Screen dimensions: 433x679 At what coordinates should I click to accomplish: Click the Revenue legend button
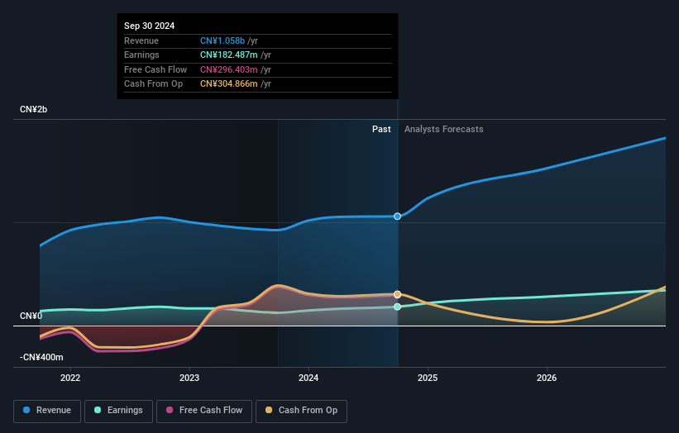pos(48,411)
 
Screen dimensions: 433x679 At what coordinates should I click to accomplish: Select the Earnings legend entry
pos(118,411)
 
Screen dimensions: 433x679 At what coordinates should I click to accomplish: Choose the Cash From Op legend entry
pos(302,411)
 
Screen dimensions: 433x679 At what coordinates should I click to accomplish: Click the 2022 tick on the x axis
pos(70,378)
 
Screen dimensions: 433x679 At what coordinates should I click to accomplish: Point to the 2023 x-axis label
pos(189,378)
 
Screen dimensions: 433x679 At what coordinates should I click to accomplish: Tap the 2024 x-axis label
pos(308,378)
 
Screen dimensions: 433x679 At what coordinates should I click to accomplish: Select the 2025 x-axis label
pos(428,378)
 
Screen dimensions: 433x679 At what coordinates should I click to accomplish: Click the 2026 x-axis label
pos(547,378)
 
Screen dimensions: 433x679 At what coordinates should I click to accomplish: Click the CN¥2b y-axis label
pos(34,110)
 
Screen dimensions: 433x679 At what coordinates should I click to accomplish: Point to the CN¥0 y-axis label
pos(31,316)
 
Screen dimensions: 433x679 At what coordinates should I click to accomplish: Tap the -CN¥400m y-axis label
pos(41,358)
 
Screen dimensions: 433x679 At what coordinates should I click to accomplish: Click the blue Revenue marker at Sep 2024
pos(398,216)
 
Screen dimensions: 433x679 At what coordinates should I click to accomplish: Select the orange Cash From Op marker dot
pos(398,294)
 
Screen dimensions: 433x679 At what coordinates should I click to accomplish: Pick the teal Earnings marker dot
pos(398,307)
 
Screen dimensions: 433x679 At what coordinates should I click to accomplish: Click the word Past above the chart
pos(381,129)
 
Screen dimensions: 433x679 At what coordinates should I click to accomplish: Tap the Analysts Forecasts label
pos(444,129)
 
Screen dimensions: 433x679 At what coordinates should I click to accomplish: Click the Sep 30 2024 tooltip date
pos(150,26)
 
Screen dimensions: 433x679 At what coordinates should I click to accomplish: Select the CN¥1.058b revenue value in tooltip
pos(223,40)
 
